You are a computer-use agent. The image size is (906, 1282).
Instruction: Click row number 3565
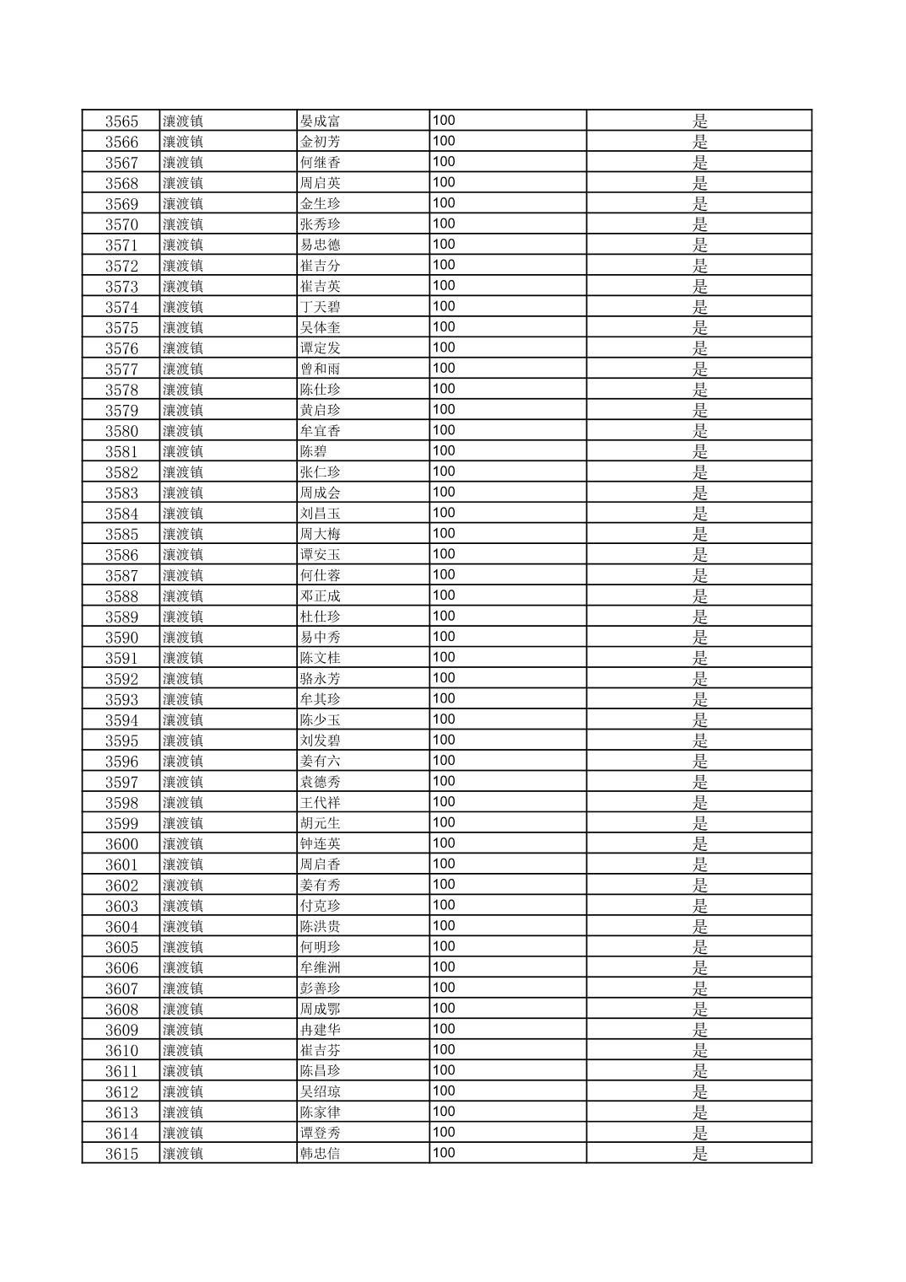[121, 121]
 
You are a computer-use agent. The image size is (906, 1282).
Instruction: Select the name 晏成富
[320, 121]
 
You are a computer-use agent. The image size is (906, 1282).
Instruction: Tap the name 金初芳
[320, 142]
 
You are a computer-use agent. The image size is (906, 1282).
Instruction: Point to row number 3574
[121, 307]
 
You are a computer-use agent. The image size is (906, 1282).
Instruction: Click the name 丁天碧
[320, 307]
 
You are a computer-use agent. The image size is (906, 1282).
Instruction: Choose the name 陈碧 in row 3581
[313, 451]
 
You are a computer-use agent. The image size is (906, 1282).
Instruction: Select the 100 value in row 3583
[444, 493]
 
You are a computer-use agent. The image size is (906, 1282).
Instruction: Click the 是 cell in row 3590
[699, 638]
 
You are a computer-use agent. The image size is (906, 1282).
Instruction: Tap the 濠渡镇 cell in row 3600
[183, 844]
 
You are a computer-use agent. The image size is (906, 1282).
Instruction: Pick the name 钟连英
[320, 844]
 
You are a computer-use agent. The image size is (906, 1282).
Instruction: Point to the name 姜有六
[320, 762]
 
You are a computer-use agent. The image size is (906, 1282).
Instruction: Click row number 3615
[121, 1154]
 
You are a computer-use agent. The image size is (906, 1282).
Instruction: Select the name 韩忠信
[320, 1154]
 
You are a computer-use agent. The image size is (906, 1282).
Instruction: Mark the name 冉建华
[320, 1030]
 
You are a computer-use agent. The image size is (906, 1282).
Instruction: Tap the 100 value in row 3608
[444, 1009]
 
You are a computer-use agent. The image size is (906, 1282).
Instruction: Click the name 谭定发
[320, 348]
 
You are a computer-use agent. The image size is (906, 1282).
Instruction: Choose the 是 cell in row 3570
[699, 224]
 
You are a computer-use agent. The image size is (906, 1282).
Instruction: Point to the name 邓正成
[320, 596]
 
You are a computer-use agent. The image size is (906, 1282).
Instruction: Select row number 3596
[121, 762]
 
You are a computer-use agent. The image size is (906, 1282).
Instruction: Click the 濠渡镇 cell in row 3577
[183, 369]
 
